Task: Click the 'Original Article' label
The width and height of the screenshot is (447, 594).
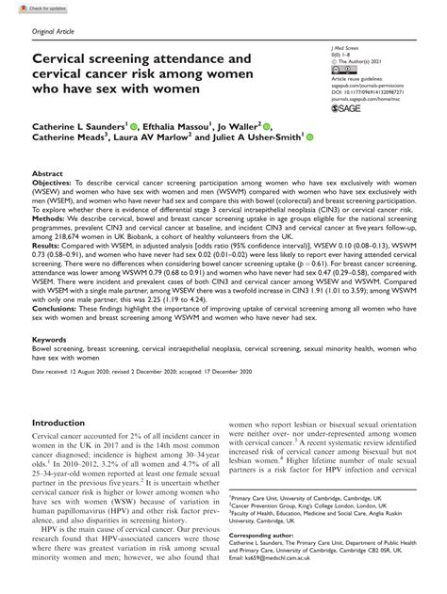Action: click(56, 34)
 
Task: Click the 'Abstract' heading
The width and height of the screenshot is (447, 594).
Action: click(48, 174)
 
